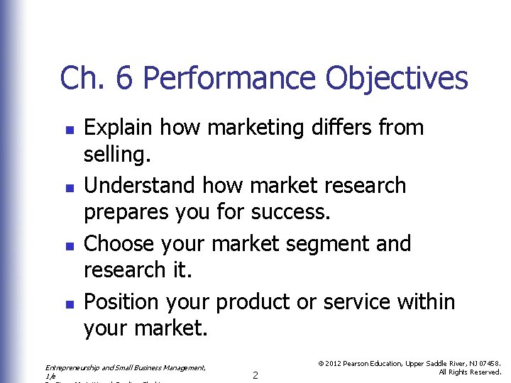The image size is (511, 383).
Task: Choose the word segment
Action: [x=334, y=244]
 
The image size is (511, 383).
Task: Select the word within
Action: [x=427, y=301]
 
